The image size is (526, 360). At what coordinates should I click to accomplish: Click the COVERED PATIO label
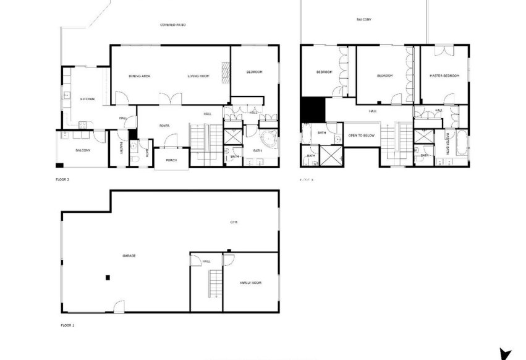[173, 25]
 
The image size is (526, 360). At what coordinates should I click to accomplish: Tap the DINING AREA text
[140, 76]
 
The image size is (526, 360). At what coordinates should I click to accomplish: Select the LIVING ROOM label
[199, 76]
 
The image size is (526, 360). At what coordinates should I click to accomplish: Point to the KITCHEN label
[87, 100]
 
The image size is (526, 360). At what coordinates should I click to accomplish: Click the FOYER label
[164, 126]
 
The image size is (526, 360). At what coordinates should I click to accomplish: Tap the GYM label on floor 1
[234, 222]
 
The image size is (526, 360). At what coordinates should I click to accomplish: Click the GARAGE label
[129, 255]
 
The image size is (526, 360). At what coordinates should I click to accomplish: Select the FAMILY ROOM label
[250, 283]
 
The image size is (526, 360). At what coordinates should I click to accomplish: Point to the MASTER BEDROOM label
[444, 75]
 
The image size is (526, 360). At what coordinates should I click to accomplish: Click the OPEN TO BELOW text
[362, 135]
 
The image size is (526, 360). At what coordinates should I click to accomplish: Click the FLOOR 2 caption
[62, 179]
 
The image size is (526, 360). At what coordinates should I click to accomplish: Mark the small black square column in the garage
[108, 277]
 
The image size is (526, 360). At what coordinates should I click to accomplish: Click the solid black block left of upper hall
[312, 109]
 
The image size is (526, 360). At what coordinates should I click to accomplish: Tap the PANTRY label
[121, 148]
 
